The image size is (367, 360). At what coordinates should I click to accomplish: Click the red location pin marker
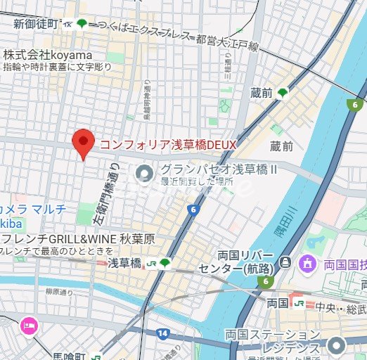click(x=84, y=144)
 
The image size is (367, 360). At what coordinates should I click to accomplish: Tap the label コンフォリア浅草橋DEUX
click(x=167, y=144)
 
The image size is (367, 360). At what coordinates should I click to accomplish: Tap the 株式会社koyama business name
click(x=48, y=55)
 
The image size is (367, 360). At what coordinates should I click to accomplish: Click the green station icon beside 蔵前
click(x=283, y=93)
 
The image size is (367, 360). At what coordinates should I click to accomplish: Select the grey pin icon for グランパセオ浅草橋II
click(x=144, y=171)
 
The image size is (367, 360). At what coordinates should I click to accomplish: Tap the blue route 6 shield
click(x=192, y=210)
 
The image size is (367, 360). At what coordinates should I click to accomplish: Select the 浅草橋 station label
click(x=124, y=262)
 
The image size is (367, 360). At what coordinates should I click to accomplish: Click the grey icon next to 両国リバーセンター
click(x=284, y=262)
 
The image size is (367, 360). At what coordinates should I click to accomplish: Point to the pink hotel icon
click(x=30, y=325)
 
